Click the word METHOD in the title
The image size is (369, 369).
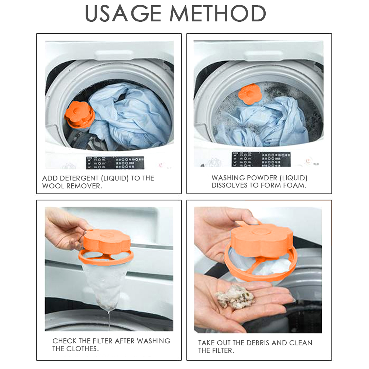click(x=218, y=14)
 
